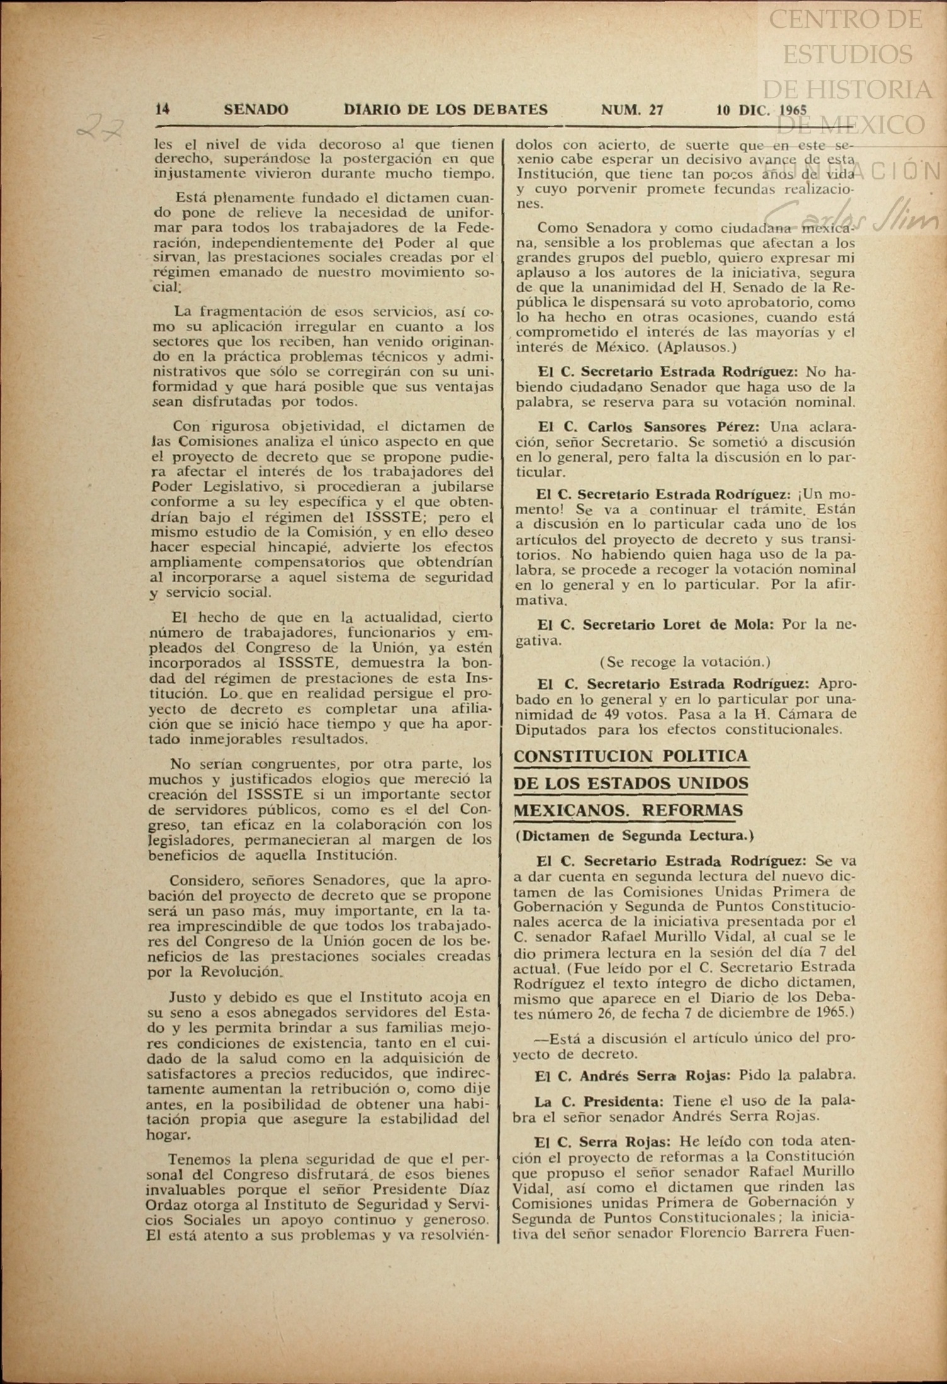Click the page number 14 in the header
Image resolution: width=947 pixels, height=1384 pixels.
(162, 110)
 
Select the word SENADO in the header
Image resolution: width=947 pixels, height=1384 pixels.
(256, 110)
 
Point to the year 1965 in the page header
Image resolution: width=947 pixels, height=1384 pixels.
(792, 110)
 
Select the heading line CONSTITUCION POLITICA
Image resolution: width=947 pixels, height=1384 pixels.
(631, 757)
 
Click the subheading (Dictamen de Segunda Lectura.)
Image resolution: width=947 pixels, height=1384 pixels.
(634, 836)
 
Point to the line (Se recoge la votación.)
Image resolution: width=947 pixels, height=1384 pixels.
(685, 661)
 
